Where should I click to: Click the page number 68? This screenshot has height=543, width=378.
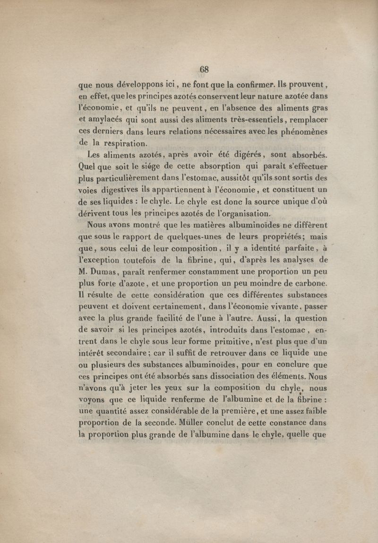(x=204, y=69)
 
